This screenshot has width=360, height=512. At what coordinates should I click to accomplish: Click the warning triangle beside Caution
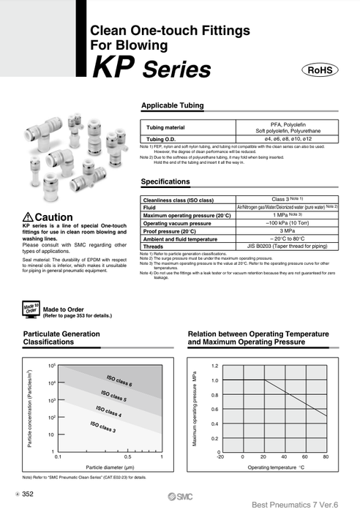tap(28, 197)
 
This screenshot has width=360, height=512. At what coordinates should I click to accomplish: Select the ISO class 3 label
tap(102, 426)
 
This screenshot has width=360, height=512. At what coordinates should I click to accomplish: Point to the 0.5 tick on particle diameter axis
tap(127, 456)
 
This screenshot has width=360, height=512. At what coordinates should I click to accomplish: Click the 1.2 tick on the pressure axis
tap(214, 365)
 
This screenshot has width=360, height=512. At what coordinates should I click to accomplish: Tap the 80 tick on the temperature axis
tap(326, 457)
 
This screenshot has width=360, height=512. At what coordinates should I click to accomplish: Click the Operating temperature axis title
tap(275, 467)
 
